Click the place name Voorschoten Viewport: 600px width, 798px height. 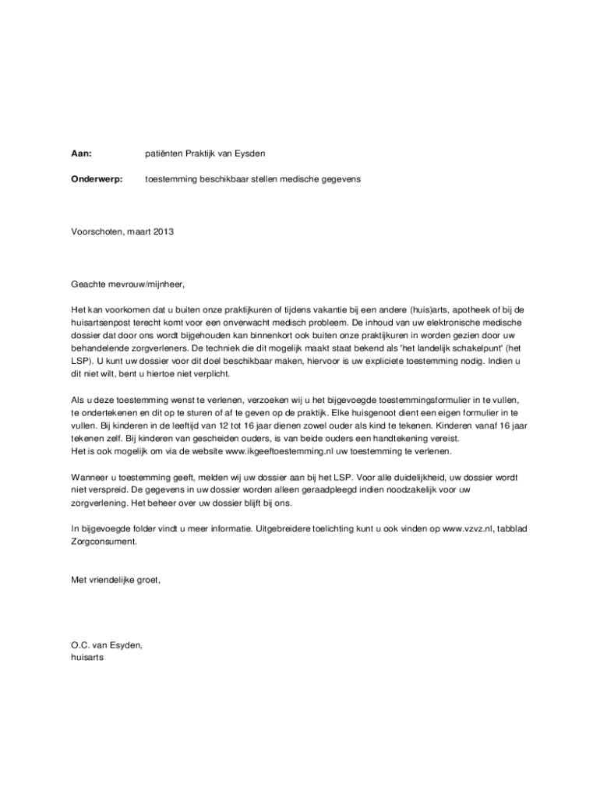[x=95, y=231]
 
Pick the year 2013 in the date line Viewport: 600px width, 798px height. [x=164, y=231]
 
